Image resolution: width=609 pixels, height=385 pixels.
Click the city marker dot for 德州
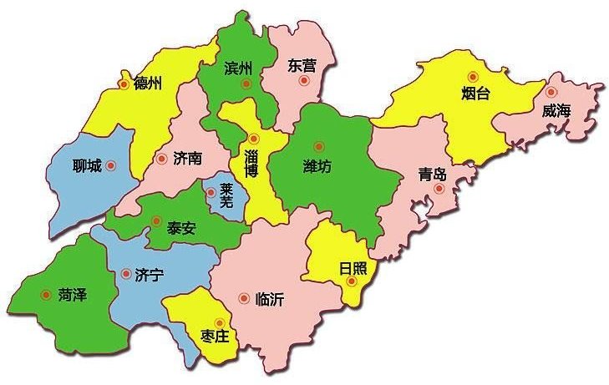(x=124, y=84)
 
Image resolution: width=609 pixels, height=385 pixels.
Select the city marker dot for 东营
(x=305, y=81)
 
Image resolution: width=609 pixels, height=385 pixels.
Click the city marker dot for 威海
(x=551, y=92)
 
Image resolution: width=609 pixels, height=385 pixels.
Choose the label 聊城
(x=87, y=166)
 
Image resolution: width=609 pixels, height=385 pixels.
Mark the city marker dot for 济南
(x=161, y=159)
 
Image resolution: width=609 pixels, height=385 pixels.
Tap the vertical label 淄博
(x=251, y=163)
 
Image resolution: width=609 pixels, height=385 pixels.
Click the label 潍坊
(x=317, y=166)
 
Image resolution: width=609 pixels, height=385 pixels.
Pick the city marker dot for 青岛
(x=439, y=190)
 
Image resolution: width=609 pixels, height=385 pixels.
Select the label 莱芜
(x=226, y=195)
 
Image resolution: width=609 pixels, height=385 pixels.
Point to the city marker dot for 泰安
(x=155, y=220)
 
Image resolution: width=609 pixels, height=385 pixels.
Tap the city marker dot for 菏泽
(x=45, y=294)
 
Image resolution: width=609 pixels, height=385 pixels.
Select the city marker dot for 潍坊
(x=318, y=146)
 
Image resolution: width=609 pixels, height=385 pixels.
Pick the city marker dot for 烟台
(x=473, y=77)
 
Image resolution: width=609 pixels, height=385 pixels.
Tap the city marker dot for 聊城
(x=110, y=165)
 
